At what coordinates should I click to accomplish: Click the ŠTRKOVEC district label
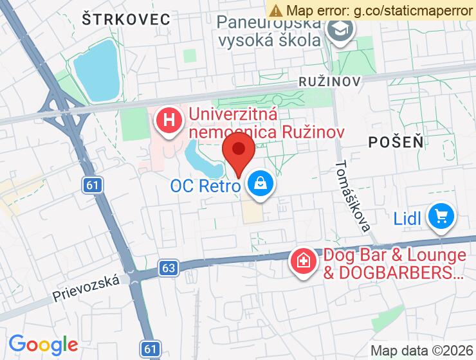point(126,19)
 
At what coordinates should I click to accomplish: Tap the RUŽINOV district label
point(330,82)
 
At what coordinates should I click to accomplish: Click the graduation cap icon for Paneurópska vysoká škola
point(340,29)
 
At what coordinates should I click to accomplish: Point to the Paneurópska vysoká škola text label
point(270,32)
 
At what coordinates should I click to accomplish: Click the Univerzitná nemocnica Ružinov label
point(266,124)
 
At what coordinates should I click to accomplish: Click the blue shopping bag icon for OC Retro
point(261,185)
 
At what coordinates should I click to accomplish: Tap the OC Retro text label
point(205,186)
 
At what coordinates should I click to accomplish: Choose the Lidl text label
point(407,219)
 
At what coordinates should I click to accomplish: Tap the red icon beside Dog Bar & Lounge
point(301,261)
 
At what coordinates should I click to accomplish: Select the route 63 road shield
point(168,267)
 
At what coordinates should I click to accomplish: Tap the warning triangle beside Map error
point(276,10)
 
